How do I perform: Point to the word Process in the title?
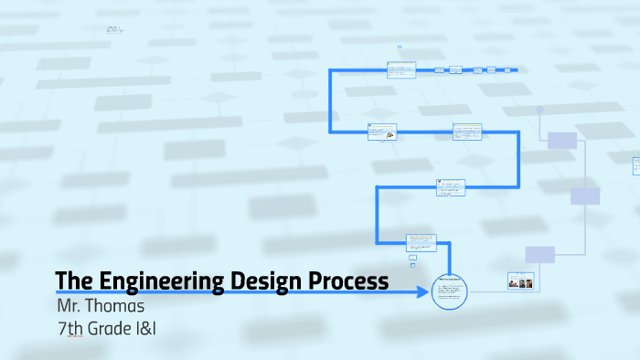pyautogui.click(x=349, y=281)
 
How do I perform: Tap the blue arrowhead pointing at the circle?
pyautogui.click(x=423, y=292)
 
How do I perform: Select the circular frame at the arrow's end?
pyautogui.click(x=449, y=292)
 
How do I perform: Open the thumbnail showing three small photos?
pyautogui.click(x=520, y=281)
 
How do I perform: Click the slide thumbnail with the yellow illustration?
pyautogui.click(x=381, y=132)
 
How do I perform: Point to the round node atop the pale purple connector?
pyautogui.click(x=540, y=108)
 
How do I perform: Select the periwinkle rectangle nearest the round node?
pyautogui.click(x=562, y=140)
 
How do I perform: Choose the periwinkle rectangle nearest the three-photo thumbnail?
pyautogui.click(x=539, y=254)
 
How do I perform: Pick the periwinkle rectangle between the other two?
pyautogui.click(x=585, y=196)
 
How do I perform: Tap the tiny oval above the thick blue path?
pyautogui.click(x=400, y=47)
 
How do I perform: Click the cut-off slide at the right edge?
pyautogui.click(x=636, y=165)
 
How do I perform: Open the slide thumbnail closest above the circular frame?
pyautogui.click(x=421, y=243)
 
